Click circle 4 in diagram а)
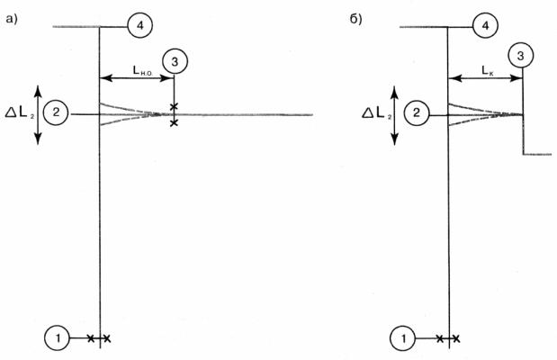pyautogui.click(x=140, y=26)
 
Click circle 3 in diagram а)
pyautogui.click(x=175, y=62)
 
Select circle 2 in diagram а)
pyautogui.click(x=56, y=112)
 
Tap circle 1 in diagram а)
pyautogui.click(x=58, y=338)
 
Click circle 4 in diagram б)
pyautogui.click(x=485, y=25)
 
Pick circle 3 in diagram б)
pyautogui.click(x=520, y=56)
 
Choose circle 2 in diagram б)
pyautogui.click(x=417, y=113)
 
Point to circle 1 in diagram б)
pyautogui.click(x=403, y=338)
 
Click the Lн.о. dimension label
pyautogui.click(x=143, y=70)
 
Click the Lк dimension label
pyautogui.click(x=488, y=71)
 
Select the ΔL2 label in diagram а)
pyautogui.click(x=20, y=113)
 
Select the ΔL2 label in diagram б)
pyautogui.click(x=376, y=113)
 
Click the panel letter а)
pyautogui.click(x=12, y=19)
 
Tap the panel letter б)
pyautogui.click(x=355, y=19)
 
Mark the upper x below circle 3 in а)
pyautogui.click(x=174, y=106)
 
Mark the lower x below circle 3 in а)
pyautogui.click(x=174, y=123)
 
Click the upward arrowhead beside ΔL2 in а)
pyautogui.click(x=38, y=91)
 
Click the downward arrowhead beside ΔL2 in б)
pyautogui.click(x=395, y=139)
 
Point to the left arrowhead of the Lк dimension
pyautogui.click(x=455, y=78)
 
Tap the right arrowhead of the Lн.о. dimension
pyautogui.click(x=167, y=78)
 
